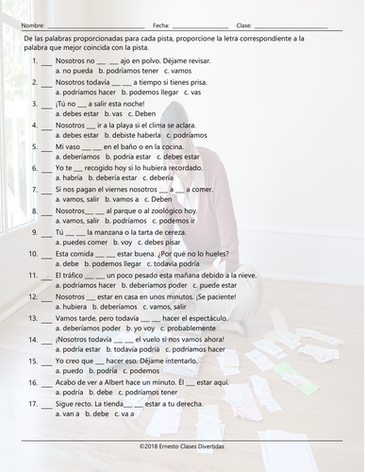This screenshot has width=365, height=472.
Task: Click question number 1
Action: pyautogui.click(x=35, y=60)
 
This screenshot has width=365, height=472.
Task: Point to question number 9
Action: pyautogui.click(x=35, y=231)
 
